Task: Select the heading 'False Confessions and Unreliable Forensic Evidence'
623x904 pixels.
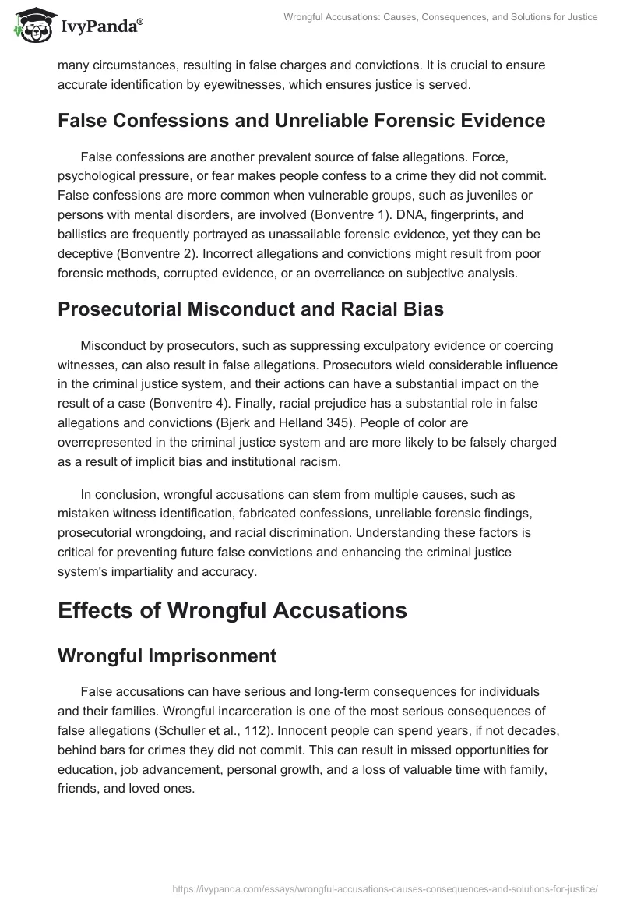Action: [301, 120]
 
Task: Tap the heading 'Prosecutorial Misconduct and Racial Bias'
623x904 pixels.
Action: [251, 309]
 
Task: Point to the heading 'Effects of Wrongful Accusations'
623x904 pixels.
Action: [232, 610]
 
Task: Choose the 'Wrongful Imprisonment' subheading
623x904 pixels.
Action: [167, 656]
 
